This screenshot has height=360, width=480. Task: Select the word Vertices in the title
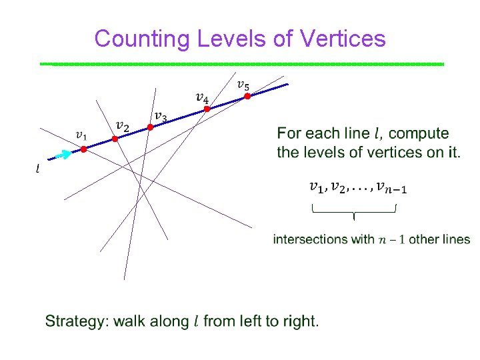(343, 39)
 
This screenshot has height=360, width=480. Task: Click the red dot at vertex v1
(84, 149)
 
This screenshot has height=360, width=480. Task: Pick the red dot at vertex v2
(115, 139)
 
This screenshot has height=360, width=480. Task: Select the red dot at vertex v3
(151, 127)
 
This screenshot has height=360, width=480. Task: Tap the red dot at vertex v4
(207, 108)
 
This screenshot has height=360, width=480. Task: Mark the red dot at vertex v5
(247, 96)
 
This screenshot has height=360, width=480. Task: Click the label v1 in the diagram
(81, 135)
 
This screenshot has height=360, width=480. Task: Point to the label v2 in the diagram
(122, 125)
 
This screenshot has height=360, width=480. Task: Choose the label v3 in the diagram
(161, 117)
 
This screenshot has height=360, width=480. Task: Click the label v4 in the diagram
(201, 97)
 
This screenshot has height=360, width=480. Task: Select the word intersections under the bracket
(311, 239)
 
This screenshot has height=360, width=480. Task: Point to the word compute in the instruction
(423, 134)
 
